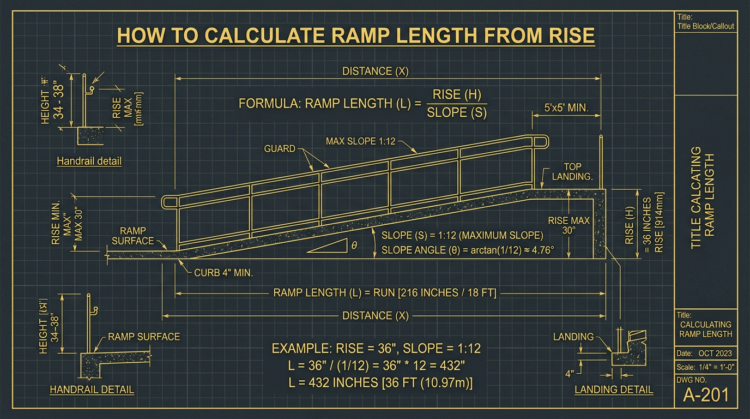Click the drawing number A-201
coord(706,394)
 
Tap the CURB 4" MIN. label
coord(223,272)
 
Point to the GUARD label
coord(280,148)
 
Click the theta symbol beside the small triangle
coord(354,246)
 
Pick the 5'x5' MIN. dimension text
coord(567,108)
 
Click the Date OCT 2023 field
coord(706,353)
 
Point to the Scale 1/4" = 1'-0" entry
coord(706,367)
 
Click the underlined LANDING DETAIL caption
coord(614,390)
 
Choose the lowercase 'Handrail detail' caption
coord(89,161)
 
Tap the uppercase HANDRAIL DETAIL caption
coord(92,390)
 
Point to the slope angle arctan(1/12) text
coord(467,250)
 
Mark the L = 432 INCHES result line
coord(380,383)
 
